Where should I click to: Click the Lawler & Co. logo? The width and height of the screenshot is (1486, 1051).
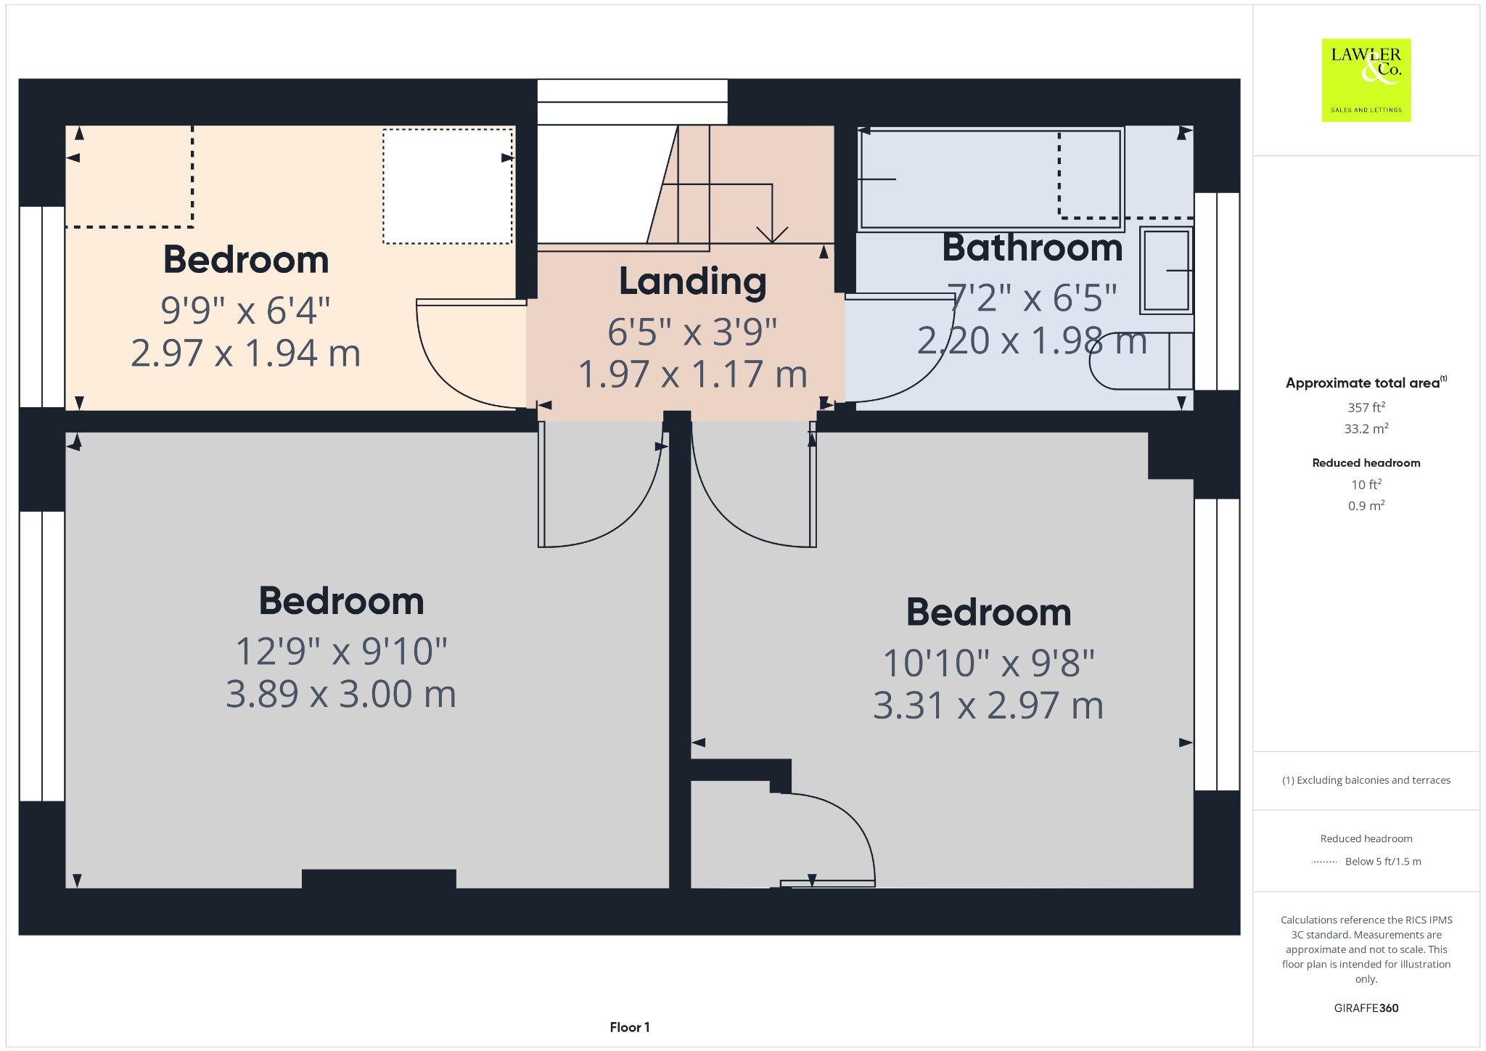1366,80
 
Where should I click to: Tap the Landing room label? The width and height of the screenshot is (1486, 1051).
692,282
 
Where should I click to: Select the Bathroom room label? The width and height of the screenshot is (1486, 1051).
1033,248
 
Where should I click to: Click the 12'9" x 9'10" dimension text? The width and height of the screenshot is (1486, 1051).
341,651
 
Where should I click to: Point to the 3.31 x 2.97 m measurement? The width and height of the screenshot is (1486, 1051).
988,706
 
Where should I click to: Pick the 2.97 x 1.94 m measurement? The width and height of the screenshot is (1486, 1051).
246,353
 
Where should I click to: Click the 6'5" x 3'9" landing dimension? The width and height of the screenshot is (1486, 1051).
692,332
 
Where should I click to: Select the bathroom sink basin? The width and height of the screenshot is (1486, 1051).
1166,270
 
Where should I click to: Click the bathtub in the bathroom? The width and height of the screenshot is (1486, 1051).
990,179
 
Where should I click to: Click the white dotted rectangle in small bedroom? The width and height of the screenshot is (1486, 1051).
448,187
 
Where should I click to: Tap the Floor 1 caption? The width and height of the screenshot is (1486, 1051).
630,1027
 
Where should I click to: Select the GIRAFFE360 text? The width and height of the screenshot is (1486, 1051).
1366,1007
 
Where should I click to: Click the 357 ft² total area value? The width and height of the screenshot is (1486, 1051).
1366,407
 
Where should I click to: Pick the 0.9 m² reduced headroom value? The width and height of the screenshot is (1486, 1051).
1366,505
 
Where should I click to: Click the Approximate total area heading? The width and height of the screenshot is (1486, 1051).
1366,383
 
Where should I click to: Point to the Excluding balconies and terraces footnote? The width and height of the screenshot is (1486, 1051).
1366,780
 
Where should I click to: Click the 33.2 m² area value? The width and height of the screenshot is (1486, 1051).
1366,428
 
